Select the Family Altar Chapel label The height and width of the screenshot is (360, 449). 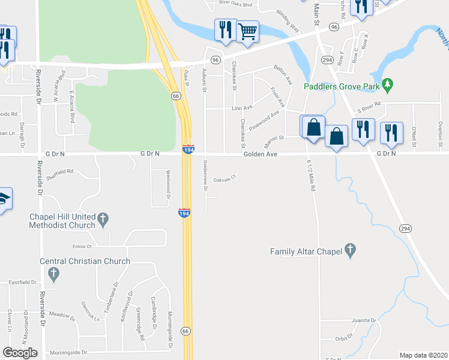(x=306, y=251)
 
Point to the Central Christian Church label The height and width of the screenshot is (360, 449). (x=85, y=261)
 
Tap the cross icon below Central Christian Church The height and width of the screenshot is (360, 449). (x=54, y=275)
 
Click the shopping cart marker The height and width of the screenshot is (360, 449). (x=247, y=32)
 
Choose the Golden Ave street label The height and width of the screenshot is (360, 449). (x=260, y=154)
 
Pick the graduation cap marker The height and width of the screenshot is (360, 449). (x=4, y=199)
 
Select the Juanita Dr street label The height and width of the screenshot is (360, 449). (x=364, y=320)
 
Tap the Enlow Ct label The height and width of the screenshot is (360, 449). (x=81, y=246)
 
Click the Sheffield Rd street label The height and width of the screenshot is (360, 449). (x=61, y=172)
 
